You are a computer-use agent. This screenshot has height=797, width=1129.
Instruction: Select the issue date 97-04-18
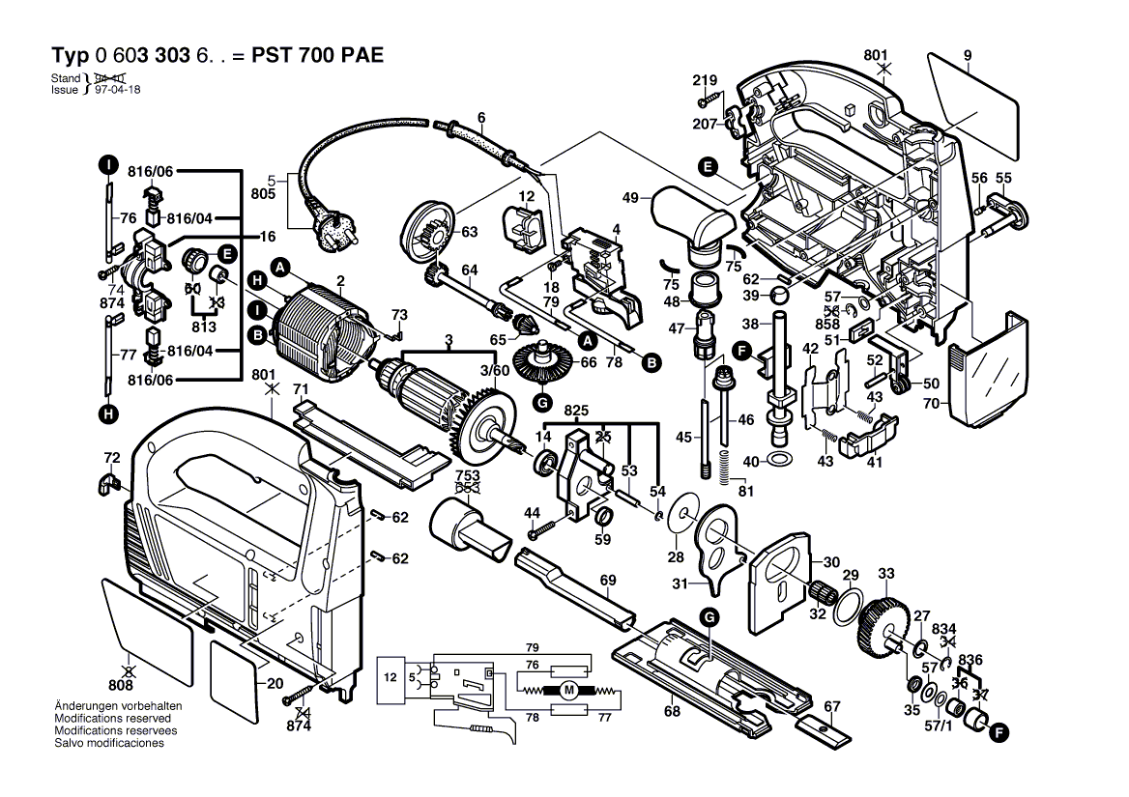click(117, 89)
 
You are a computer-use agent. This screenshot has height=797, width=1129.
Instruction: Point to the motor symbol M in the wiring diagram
click(569, 690)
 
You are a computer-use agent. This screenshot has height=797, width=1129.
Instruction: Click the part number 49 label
click(630, 198)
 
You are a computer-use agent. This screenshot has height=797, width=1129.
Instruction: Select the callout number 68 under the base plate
click(671, 712)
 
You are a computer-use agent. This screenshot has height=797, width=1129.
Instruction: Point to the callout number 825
click(577, 412)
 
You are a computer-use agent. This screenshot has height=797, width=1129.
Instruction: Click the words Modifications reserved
click(113, 719)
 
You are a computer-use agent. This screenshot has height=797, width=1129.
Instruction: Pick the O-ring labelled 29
click(843, 609)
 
